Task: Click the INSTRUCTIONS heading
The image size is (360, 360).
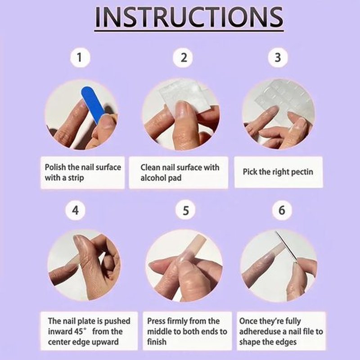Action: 189,17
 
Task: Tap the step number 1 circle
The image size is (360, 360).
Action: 80,57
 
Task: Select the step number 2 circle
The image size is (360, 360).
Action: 183,58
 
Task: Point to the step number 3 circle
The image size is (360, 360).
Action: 278,58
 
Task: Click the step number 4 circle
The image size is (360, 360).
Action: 75,210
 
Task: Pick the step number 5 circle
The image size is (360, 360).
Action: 185,210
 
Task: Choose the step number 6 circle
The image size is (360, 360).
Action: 282,210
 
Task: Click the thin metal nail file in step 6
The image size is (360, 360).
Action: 286,246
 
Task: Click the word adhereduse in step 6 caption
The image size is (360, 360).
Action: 260,332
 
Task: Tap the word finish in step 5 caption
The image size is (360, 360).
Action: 157,342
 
